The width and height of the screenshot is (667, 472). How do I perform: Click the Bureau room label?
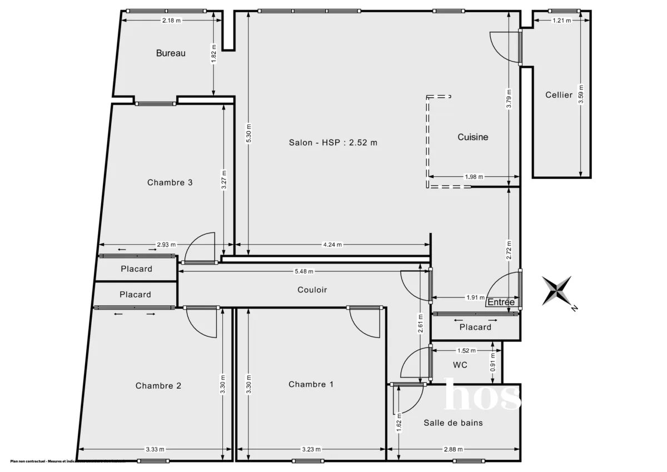[171, 53]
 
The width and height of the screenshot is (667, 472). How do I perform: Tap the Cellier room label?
[559, 95]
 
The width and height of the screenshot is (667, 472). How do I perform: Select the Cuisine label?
[472, 137]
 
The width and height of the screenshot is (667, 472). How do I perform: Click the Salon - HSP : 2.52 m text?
[333, 142]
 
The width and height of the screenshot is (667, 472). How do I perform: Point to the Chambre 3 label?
[170, 182]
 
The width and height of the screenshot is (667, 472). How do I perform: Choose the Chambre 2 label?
[158, 386]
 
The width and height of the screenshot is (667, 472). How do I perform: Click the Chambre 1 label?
[311, 385]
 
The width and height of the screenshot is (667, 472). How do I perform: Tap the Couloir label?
[312, 290]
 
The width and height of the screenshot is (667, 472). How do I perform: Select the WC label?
[460, 365]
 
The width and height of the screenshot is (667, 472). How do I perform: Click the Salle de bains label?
[453, 423]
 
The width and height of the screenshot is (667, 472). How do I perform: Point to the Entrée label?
[501, 302]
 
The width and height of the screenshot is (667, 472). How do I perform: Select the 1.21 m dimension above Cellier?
[562, 21]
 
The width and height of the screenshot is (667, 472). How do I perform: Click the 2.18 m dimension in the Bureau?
[171, 21]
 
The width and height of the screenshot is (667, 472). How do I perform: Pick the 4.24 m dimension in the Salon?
[333, 245]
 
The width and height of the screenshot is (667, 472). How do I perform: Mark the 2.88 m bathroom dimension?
[454, 449]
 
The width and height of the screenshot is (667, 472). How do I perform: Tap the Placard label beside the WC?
[475, 327]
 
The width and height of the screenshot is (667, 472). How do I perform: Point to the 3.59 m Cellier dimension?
[580, 95]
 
